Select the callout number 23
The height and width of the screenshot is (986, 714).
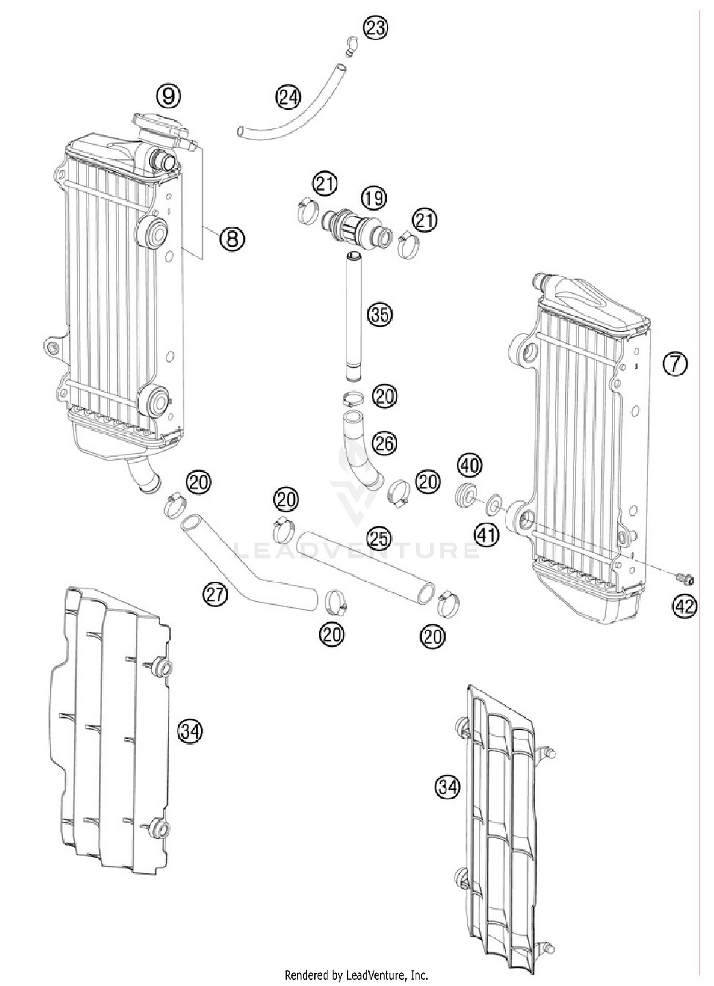click(x=376, y=28)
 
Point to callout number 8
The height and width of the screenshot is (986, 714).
click(x=232, y=238)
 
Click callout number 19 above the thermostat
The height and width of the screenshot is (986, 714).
click(x=374, y=197)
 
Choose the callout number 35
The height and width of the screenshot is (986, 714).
click(x=379, y=315)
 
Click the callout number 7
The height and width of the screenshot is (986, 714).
click(x=675, y=364)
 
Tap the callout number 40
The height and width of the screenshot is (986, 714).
click(x=469, y=465)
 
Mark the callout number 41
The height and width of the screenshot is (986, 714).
click(x=486, y=535)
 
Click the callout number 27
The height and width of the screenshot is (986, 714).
click(x=215, y=594)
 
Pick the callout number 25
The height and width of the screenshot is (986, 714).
click(x=379, y=539)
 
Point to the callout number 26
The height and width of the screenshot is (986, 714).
click(x=384, y=444)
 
